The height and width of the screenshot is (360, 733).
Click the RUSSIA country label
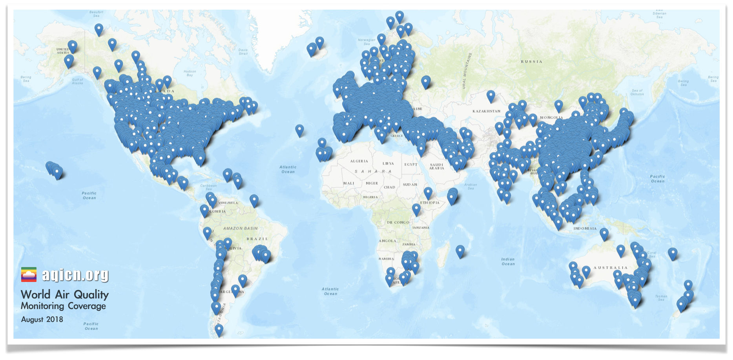[531, 62]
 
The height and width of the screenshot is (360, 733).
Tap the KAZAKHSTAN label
[486, 111]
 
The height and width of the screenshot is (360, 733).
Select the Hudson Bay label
[190, 73]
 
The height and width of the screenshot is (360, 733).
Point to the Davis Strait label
[243, 51]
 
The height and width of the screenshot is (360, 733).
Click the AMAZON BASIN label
[240, 228]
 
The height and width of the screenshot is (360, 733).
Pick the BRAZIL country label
[257, 239]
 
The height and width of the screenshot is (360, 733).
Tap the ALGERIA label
[359, 161]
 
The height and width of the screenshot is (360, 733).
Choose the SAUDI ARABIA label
[436, 167]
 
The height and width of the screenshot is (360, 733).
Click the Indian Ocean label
[508, 262]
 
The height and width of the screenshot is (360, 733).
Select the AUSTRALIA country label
[611, 268]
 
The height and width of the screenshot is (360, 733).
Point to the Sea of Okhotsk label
[637, 92]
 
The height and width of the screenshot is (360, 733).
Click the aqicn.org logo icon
[29, 275]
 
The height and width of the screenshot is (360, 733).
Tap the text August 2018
[42, 319]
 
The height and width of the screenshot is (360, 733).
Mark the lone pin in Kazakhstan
[490, 95]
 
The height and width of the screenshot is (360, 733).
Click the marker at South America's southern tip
[219, 329]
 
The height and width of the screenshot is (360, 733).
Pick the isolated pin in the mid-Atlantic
[299, 130]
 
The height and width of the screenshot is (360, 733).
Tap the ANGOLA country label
[387, 241]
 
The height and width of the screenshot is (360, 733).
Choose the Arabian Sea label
[470, 186]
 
